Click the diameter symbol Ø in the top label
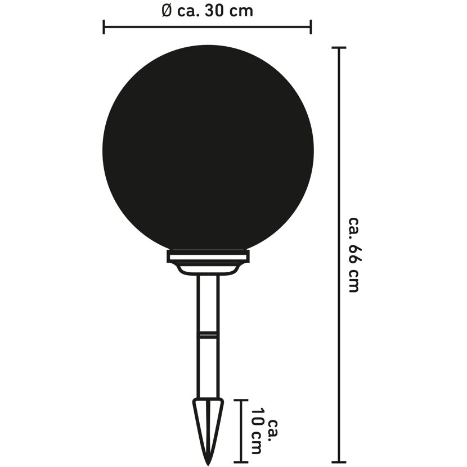click(167, 11)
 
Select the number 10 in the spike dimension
click(257, 419)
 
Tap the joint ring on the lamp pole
click(208, 334)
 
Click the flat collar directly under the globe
click(208, 256)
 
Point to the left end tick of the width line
click(104, 27)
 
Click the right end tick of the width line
click(311, 27)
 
